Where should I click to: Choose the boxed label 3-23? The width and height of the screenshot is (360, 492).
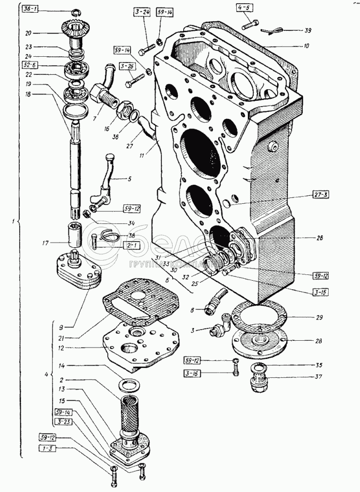61,420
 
